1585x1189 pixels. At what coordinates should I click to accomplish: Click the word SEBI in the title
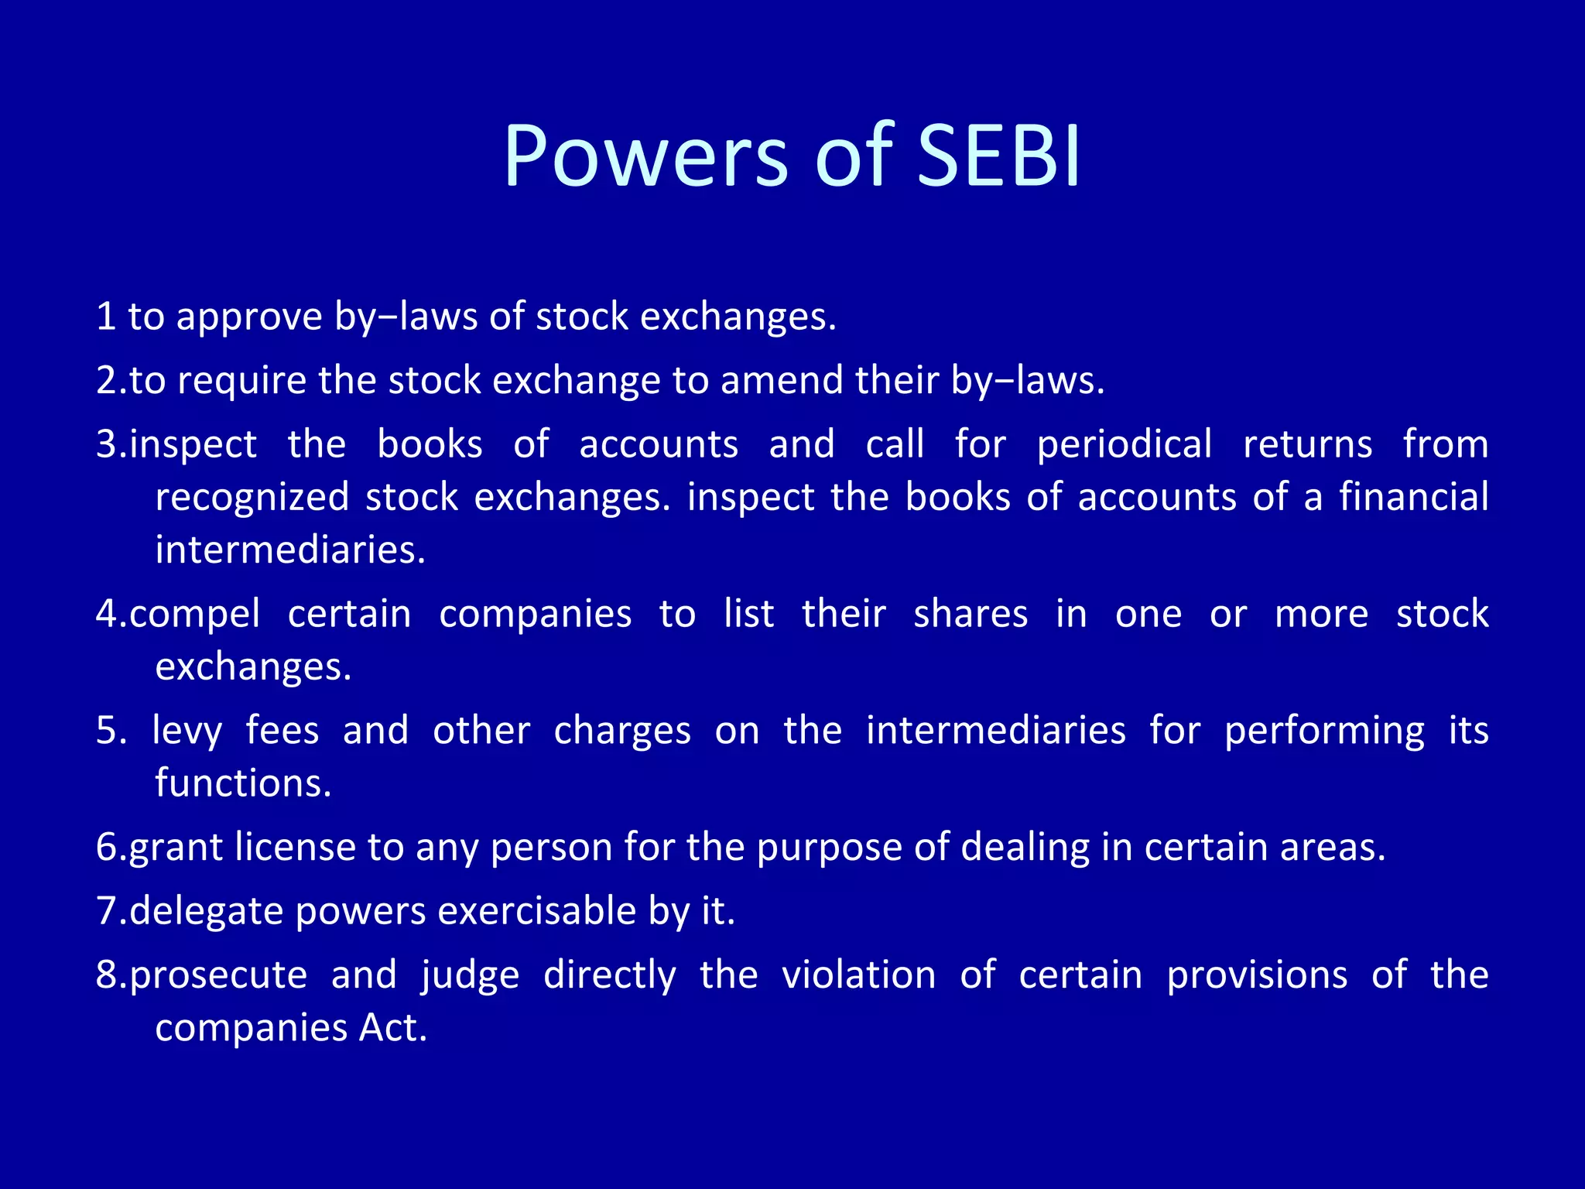(998, 157)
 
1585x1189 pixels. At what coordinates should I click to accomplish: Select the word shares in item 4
(971, 615)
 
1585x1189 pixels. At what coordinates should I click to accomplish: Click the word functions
(243, 783)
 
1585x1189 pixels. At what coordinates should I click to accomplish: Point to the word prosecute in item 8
(218, 976)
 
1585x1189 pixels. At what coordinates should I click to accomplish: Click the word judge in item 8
(471, 976)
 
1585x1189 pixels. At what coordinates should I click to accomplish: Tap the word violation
(858, 975)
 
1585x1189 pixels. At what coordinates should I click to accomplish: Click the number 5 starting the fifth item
(107, 732)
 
